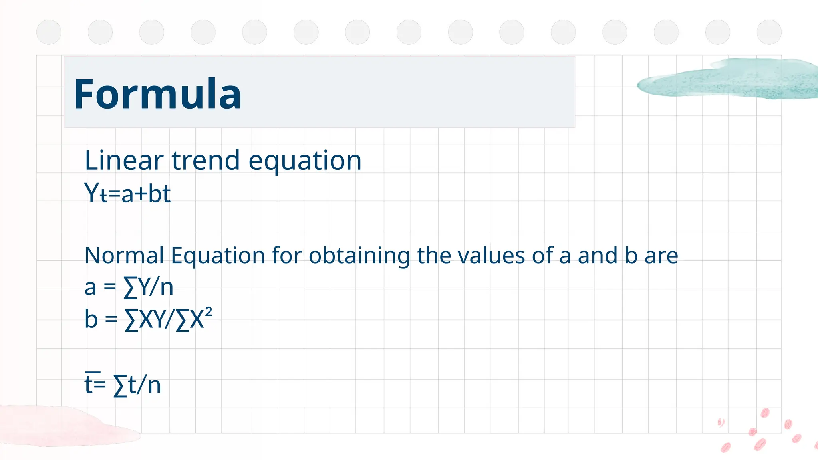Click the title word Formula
157,94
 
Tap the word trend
206,161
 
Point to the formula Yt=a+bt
127,194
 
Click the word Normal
124,256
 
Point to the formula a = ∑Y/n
129,287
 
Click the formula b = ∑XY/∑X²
148,319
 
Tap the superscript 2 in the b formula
208,312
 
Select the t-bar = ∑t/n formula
123,385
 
